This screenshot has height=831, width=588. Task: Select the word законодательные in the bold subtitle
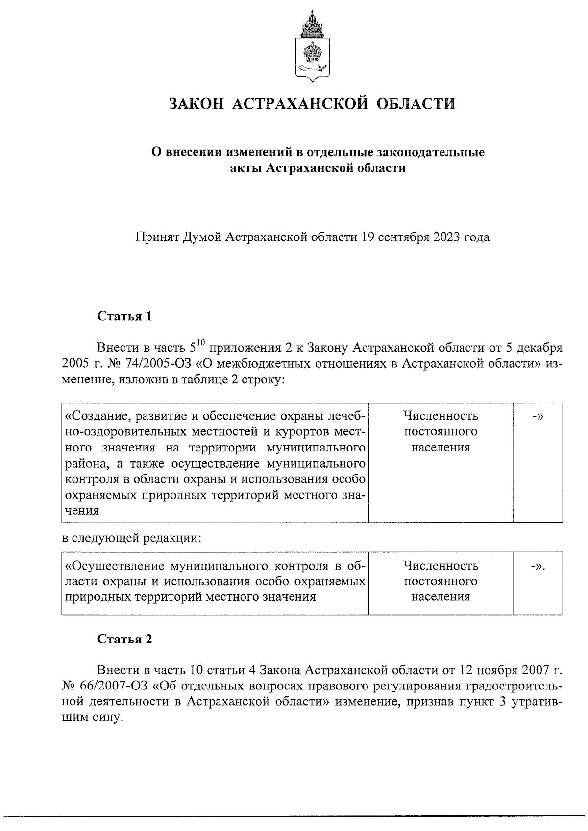point(430,152)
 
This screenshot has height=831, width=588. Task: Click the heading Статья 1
point(124,316)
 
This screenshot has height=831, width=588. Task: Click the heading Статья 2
point(124,640)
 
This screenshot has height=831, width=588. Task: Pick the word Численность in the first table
point(441,416)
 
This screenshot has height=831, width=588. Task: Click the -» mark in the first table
point(538,416)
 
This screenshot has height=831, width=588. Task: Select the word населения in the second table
point(441,597)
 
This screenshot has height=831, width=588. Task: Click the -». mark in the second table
point(538,566)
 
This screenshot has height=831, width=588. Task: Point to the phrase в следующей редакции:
point(131,538)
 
